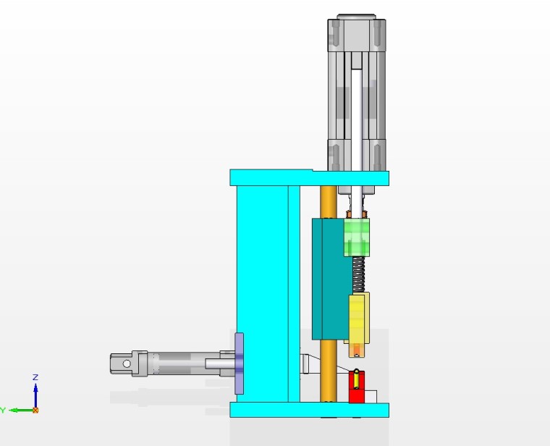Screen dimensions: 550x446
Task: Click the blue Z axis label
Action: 35,377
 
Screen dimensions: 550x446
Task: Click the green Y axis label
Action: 3,411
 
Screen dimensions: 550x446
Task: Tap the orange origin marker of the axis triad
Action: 35,411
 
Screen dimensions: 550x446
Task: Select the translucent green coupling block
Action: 356,237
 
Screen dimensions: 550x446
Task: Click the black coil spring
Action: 358,274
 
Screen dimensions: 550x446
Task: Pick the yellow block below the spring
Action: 358,319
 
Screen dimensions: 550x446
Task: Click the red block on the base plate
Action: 356,387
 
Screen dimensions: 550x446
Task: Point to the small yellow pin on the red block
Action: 356,379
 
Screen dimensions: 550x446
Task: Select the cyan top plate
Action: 310,178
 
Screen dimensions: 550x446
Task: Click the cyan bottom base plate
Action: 310,410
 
